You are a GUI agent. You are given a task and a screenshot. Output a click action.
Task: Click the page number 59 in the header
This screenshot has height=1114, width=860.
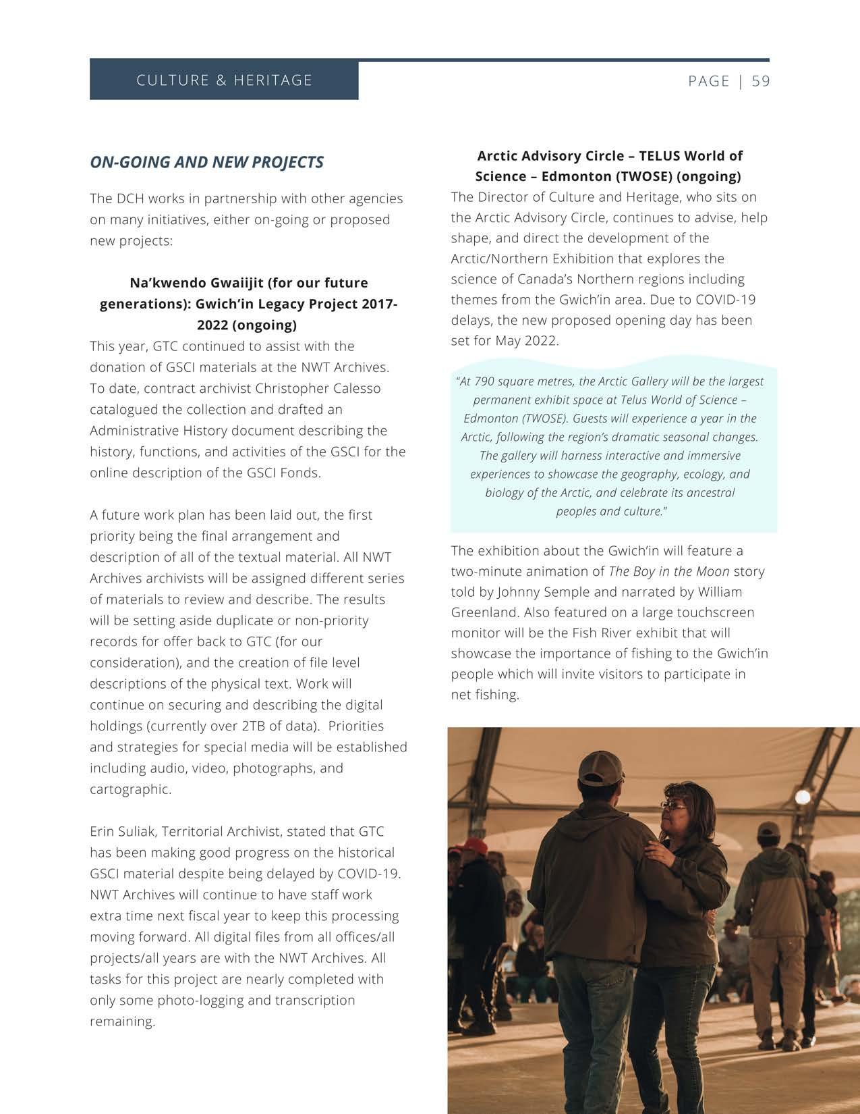point(760,81)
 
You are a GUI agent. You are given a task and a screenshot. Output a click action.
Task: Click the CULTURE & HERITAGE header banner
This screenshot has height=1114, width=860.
point(224,80)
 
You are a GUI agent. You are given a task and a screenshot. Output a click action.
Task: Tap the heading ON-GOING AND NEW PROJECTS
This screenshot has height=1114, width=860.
point(206,162)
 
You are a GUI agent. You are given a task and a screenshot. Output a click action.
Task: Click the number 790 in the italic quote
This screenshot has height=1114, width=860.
point(484,381)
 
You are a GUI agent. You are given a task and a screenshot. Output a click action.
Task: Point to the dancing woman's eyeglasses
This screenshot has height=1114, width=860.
point(673,805)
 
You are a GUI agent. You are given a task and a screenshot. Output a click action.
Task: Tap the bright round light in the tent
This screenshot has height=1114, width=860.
point(802,797)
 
